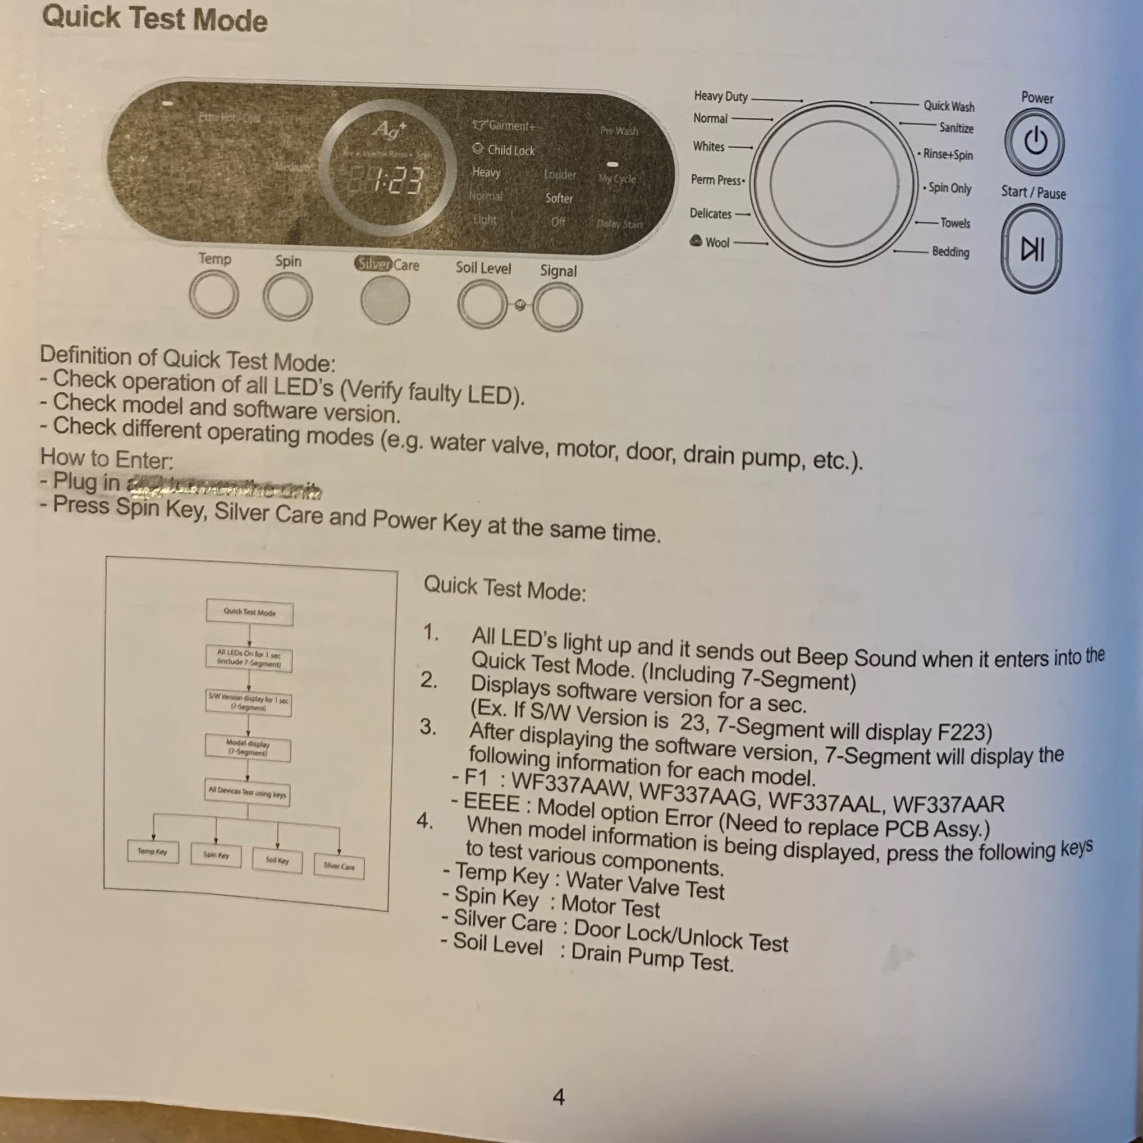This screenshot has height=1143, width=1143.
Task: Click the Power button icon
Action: click(x=1035, y=142)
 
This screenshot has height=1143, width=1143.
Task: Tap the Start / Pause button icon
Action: click(x=1032, y=249)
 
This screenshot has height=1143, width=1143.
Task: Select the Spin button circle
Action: click(x=287, y=296)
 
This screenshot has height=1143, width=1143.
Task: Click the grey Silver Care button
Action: click(x=385, y=299)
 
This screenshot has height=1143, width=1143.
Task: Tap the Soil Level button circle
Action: click(x=482, y=304)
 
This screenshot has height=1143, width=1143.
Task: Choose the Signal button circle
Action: click(x=557, y=307)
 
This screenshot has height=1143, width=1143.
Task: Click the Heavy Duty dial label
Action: click(x=721, y=97)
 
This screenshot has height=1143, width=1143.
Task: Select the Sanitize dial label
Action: click(x=956, y=128)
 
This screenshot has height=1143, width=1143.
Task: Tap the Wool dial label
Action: click(x=717, y=243)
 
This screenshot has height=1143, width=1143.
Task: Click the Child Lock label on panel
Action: click(x=510, y=151)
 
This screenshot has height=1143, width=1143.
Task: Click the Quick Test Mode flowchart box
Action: click(x=250, y=612)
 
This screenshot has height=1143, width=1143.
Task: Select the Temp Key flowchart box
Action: click(x=153, y=851)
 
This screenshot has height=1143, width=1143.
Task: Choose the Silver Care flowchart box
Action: click(x=339, y=867)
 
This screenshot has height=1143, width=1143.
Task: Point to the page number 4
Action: click(x=559, y=1098)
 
